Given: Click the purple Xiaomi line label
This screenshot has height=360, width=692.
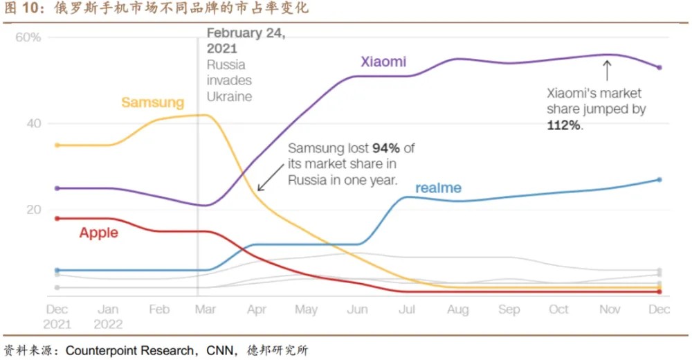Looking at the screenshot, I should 383,62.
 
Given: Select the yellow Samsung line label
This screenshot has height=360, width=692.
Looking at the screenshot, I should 153,102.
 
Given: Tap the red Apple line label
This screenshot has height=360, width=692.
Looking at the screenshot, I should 99,233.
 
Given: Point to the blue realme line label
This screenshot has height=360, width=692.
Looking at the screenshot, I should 438,188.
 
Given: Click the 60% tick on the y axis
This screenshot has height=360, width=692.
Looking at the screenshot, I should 28,37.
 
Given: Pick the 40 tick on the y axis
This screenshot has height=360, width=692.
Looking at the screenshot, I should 34,123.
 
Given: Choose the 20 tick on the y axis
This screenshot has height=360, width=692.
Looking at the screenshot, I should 34,210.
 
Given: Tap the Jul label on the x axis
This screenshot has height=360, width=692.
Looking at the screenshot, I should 407,309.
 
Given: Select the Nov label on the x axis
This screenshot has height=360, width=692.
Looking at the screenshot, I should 610,309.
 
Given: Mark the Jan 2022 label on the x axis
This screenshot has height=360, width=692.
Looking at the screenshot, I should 108,317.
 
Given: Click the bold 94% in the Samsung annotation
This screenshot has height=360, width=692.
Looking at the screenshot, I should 385,148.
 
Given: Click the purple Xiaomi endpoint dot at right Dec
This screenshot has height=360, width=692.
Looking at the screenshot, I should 659,68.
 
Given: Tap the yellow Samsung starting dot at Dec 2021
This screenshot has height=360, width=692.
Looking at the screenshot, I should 57,145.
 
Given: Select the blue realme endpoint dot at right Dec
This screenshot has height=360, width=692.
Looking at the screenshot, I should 659,180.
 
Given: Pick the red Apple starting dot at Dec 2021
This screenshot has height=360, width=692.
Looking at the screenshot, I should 57,218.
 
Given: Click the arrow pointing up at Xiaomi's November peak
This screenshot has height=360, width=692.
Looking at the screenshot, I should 608,69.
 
